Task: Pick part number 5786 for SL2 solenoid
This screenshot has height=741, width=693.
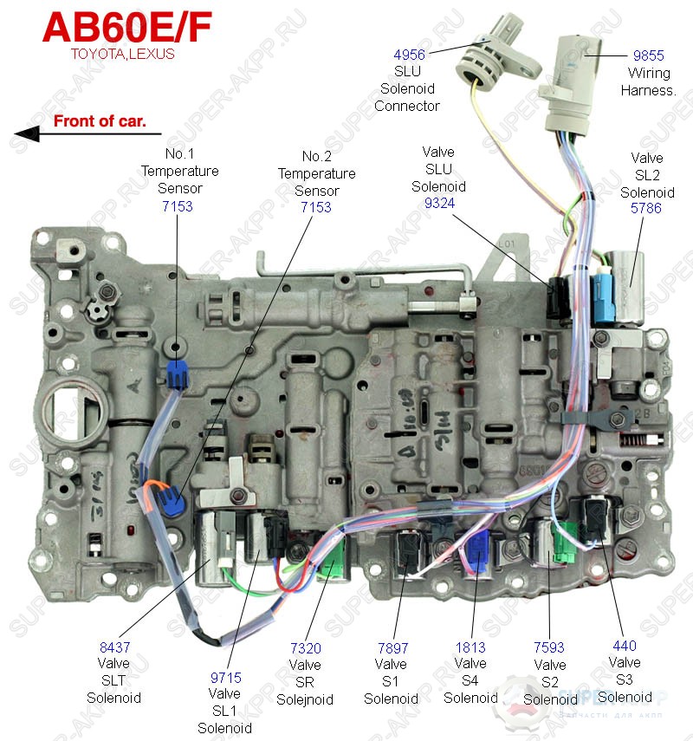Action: point(647,209)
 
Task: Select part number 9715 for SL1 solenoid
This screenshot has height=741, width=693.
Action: point(224,677)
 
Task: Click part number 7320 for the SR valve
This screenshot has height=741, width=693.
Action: point(305,647)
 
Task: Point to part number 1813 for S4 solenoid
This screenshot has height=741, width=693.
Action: point(470,647)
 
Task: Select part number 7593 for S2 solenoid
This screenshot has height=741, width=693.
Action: point(550,647)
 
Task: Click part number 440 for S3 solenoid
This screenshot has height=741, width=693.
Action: point(624,646)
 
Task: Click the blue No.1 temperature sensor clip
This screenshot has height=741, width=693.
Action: point(177,374)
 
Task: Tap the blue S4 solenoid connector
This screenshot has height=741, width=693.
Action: point(477,553)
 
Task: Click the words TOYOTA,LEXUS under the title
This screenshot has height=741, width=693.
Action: point(122,54)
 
